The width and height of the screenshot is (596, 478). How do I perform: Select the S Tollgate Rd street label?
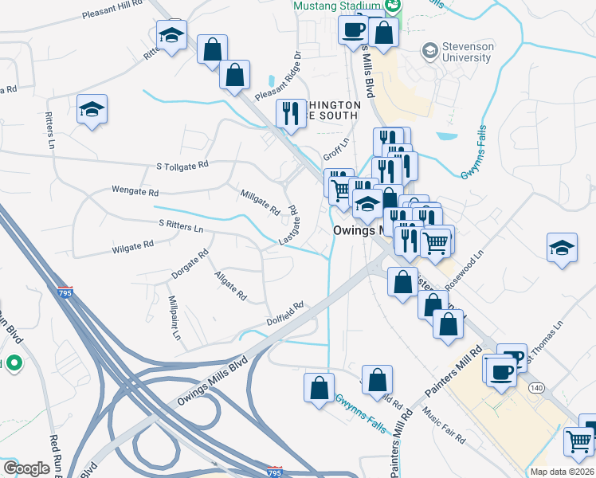(182, 166)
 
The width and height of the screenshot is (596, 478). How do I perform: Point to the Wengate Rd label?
(135, 192)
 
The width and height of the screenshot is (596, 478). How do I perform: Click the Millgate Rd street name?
(260, 202)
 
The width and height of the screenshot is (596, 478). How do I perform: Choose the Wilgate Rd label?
(132, 247)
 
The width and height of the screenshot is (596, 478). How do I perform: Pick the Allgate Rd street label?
(230, 285)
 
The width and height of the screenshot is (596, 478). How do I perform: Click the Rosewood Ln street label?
(465, 272)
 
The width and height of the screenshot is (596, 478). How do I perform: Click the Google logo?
(26, 468)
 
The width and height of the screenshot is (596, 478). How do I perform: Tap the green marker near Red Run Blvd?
(13, 365)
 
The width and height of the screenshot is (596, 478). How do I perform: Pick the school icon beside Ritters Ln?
(92, 109)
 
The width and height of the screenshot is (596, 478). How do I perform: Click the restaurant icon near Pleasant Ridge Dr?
(289, 113)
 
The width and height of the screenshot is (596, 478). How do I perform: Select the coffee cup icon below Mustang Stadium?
(352, 31)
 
